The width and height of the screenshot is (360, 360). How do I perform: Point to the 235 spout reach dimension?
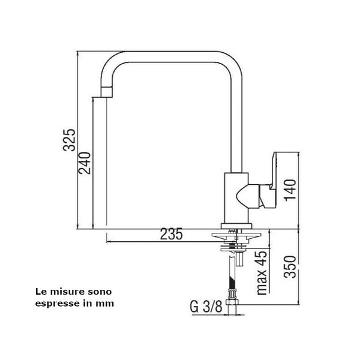172,235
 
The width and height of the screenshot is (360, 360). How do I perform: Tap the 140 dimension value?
290,190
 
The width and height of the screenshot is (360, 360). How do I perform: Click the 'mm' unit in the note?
107,303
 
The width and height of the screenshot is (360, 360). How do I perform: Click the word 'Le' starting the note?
41,292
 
